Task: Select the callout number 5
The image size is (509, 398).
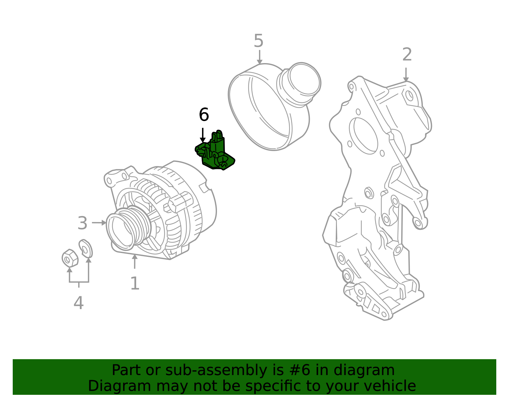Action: click(x=259, y=41)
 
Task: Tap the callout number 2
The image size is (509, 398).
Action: click(x=407, y=54)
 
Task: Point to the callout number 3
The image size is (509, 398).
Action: click(x=82, y=223)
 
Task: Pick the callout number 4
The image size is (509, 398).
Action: click(x=79, y=303)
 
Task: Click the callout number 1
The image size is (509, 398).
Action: click(x=135, y=283)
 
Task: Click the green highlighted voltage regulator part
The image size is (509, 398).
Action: click(x=214, y=151)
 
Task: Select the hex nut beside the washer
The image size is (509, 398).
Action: click(x=70, y=258)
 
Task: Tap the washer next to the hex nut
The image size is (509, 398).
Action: click(x=86, y=249)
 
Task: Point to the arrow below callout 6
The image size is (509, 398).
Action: click(x=203, y=135)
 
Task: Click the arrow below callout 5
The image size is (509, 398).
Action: click(x=260, y=57)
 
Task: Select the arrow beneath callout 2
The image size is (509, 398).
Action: click(x=406, y=75)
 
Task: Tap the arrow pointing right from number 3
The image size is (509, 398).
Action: click(x=99, y=222)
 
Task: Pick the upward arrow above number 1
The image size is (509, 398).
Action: click(x=135, y=262)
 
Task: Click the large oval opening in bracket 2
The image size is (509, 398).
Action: click(x=364, y=136)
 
